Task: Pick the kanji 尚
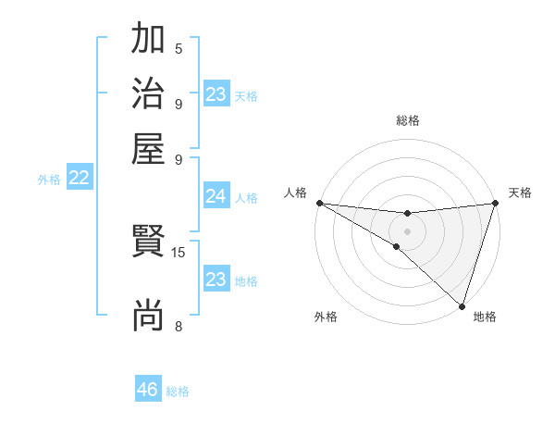(x=148, y=316)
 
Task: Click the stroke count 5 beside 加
(x=179, y=49)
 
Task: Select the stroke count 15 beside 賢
(x=179, y=252)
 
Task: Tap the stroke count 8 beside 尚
(x=179, y=326)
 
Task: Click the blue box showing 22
(x=79, y=179)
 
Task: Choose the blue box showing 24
(x=216, y=196)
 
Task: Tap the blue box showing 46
(x=148, y=390)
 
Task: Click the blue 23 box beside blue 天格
(x=216, y=94)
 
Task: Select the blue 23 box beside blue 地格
(x=216, y=280)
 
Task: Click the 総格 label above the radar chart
(x=407, y=120)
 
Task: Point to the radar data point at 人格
(x=319, y=203)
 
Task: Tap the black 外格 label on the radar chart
(x=326, y=317)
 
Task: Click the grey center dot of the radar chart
(x=407, y=231)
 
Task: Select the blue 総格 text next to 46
(x=178, y=391)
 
